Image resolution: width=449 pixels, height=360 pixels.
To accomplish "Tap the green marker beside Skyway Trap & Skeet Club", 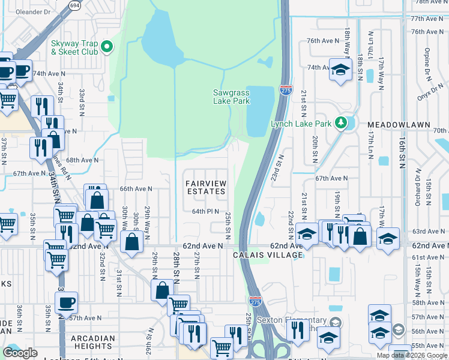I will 107,46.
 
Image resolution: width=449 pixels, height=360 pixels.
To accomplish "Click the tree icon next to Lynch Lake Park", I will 342,123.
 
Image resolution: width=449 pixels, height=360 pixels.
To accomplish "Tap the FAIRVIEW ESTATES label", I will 205,187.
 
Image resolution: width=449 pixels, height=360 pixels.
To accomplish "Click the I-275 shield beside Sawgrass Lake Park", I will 286,91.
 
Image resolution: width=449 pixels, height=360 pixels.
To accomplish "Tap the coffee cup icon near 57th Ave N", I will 66,302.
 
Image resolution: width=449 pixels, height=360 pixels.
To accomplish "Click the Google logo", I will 20,353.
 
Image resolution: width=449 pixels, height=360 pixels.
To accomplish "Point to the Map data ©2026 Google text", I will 412,355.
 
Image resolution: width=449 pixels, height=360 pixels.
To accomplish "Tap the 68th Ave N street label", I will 82,160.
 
